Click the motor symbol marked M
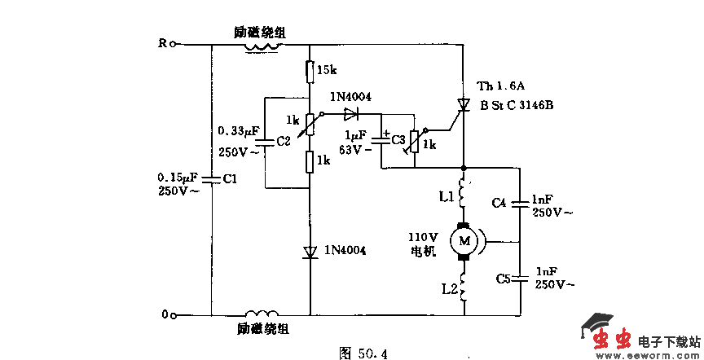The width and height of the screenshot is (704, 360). click(465, 239)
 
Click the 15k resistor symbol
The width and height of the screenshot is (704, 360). click(310, 72)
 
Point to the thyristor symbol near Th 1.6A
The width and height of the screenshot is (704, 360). click(464, 105)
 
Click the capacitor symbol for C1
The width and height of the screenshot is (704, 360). click(211, 178)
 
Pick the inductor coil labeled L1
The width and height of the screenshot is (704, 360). click(464, 194)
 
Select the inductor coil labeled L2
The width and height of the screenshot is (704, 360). click(464, 287)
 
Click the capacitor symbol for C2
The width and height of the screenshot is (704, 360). click(265, 141)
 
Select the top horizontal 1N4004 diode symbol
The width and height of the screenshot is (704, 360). click(352, 113)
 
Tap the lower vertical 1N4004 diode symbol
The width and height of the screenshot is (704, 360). click(310, 252)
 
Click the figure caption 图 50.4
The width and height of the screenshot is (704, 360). click(363, 352)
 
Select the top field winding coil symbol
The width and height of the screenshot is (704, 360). click(262, 46)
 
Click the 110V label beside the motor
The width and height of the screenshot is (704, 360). click(425, 238)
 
